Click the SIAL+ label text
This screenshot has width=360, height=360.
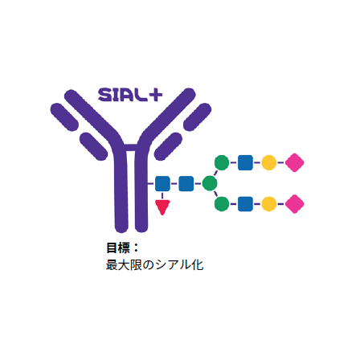pos(130,95)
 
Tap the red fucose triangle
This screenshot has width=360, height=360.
pos(162,207)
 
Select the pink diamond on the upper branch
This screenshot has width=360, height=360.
pos(295,162)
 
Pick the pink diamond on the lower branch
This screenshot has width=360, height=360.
pos(295,204)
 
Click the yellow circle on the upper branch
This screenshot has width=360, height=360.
pos(269,162)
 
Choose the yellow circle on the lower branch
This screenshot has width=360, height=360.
pos(269,204)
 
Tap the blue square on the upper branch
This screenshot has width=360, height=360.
pos(245,162)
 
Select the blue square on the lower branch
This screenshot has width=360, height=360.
pos(245,204)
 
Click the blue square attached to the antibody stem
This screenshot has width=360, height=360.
pos(162,183)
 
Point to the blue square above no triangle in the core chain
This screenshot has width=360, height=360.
pos(186,183)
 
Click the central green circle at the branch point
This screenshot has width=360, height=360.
pos(210,183)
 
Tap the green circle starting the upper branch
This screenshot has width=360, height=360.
pos(222,162)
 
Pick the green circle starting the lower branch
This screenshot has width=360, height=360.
pos(222,204)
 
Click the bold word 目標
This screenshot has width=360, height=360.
pos(118,247)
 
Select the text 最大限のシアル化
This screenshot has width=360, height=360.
pos(155,265)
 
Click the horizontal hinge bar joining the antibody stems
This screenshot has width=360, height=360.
pos(131,147)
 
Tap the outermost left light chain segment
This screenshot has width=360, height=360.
pos(64,117)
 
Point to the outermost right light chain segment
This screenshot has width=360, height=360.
pos(198,117)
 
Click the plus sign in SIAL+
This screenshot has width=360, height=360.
pos(156,95)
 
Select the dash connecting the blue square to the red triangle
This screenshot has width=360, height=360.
pos(162,195)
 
